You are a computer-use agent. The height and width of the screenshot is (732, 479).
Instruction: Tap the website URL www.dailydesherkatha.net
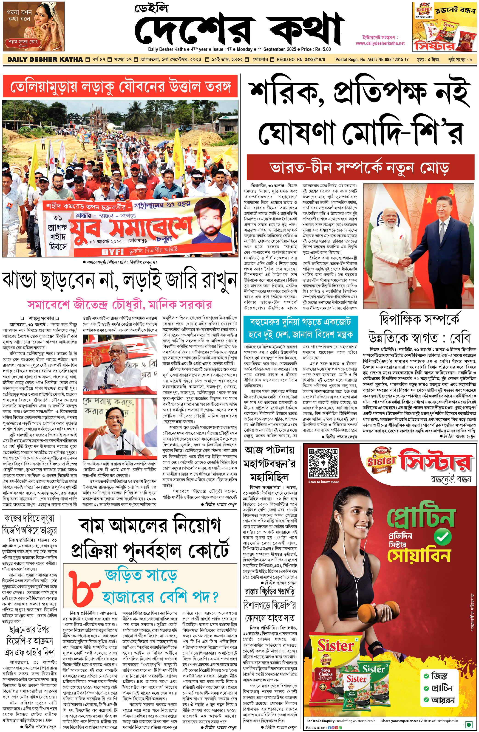(x=380, y=43)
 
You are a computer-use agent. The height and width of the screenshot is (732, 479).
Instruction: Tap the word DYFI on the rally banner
(x=112, y=252)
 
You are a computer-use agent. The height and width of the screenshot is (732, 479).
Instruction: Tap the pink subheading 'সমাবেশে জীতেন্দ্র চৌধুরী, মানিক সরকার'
(x=120, y=304)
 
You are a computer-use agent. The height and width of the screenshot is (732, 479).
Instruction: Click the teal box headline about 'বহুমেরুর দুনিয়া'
(x=300, y=329)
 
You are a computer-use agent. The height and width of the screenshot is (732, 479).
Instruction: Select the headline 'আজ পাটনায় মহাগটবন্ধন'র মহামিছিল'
(x=269, y=464)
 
